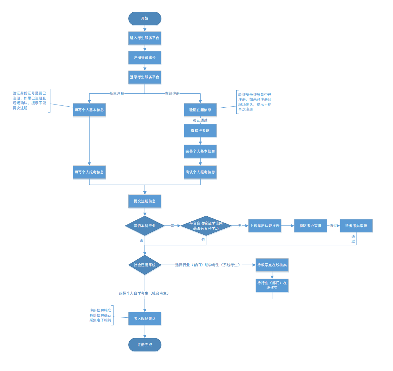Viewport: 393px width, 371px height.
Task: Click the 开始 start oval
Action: tap(145, 18)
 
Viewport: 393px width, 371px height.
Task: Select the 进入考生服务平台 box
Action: tap(145, 38)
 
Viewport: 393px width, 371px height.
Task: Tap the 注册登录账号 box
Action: tap(145, 57)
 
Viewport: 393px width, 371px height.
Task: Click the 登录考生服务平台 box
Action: tap(145, 77)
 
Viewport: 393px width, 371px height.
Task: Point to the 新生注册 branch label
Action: tap(117, 93)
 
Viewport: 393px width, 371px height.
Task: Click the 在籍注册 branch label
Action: tap(172, 93)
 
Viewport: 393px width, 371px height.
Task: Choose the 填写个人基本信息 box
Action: tap(89, 110)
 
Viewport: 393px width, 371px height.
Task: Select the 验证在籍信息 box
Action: tap(200, 110)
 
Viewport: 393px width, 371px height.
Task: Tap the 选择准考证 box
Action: tap(200, 131)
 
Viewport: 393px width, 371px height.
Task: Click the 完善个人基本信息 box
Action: tap(200, 151)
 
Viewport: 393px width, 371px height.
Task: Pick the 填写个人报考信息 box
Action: tap(89, 172)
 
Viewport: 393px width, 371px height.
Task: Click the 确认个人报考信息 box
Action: tap(200, 172)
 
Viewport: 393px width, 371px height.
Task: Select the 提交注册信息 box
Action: tap(145, 201)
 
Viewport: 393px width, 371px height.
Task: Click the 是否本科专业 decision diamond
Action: tap(145, 226)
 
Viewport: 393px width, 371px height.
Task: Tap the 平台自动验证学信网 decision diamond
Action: tap(206, 226)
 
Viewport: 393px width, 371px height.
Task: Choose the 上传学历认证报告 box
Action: tap(265, 226)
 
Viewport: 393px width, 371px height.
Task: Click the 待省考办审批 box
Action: tap(356, 226)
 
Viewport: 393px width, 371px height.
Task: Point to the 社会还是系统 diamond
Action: tap(145, 265)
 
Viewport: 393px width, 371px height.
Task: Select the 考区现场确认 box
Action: tap(145, 319)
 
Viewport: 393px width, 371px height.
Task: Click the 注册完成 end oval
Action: tap(145, 345)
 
